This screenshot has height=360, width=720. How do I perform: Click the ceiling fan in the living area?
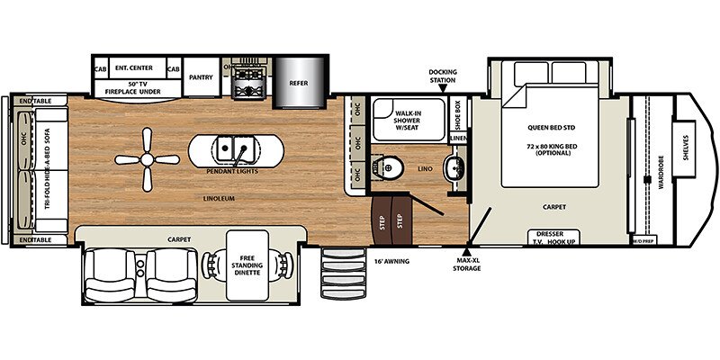147,159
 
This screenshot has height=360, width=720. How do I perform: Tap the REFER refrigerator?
299,79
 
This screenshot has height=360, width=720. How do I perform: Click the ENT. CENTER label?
135,68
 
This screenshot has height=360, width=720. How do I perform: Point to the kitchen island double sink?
232,147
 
